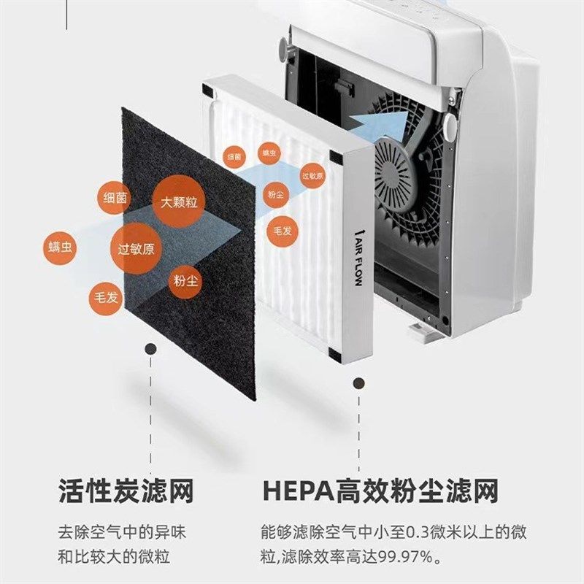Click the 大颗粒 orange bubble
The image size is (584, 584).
pos(179,201)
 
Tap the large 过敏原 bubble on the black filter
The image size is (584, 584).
pos(136,248)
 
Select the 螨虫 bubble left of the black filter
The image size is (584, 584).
pos(61,248)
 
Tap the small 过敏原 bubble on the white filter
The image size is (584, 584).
pos(312,175)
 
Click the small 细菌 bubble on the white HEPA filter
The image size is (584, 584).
pos(234,156)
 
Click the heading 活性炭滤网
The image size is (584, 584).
pos(126,491)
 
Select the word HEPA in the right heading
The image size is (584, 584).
pos(297,491)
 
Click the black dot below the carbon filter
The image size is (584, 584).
pos(150,350)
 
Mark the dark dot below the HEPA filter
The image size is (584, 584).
pos(358,383)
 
